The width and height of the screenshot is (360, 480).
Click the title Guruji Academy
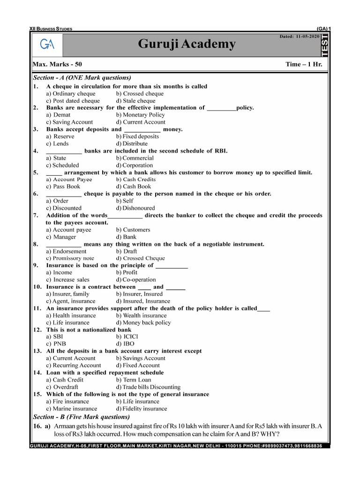(187, 45)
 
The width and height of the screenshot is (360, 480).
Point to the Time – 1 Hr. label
(304, 64)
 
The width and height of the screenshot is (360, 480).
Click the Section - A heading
(82, 77)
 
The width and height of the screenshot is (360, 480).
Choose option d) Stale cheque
(136, 101)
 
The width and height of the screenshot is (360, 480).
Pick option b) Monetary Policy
(141, 115)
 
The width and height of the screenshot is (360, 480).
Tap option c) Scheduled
(62, 165)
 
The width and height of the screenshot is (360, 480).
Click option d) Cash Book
(134, 187)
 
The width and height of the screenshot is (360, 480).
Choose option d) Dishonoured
(139, 208)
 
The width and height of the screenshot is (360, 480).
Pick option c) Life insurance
(67, 322)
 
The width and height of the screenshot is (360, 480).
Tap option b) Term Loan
(134, 380)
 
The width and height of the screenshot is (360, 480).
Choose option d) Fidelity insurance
(142, 408)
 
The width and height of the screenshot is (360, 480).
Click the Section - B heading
(81, 416)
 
